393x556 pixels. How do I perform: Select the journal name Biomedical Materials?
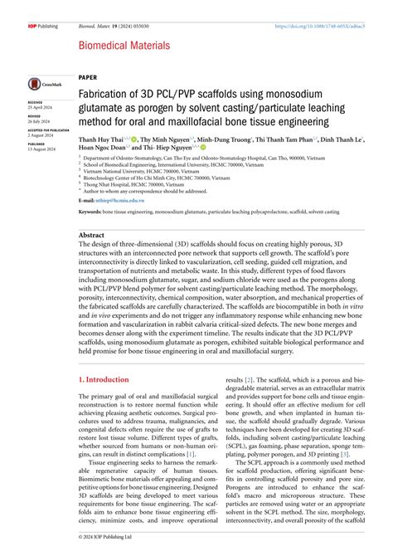(124, 46)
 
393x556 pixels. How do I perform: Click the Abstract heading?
(93, 235)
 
